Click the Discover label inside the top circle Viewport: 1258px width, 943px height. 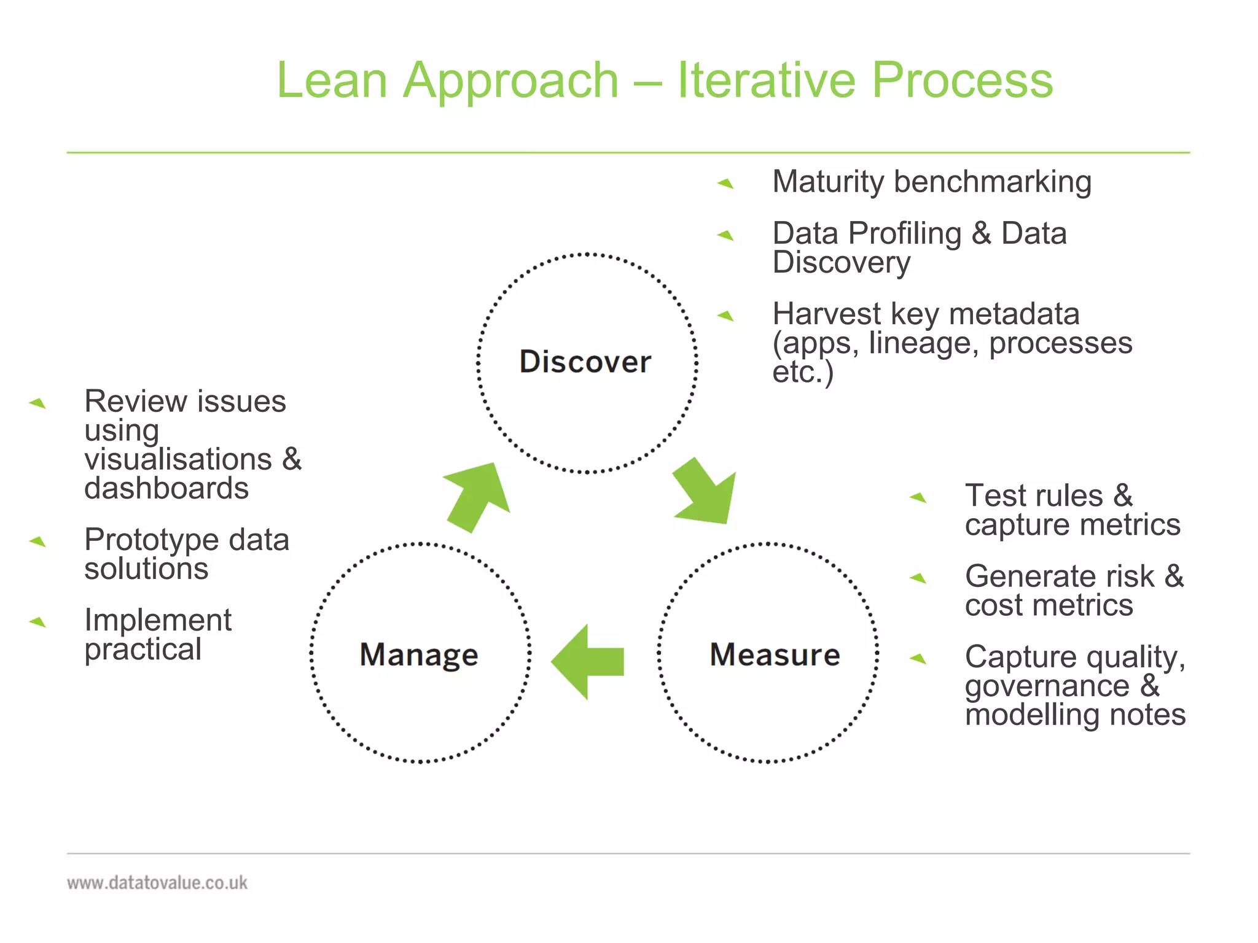tap(585, 361)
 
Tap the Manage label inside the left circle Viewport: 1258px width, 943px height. tap(419, 654)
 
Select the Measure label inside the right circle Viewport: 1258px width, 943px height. tap(775, 654)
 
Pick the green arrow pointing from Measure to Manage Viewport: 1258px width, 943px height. tap(588, 662)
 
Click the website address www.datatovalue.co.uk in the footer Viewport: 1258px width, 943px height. tap(157, 883)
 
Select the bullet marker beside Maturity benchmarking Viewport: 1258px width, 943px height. tap(726, 183)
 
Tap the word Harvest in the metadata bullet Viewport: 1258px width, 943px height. tap(826, 314)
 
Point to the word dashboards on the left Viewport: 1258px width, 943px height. tap(166, 489)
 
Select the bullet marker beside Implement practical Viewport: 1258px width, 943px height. tap(38, 622)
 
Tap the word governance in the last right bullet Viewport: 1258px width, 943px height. tap(1047, 686)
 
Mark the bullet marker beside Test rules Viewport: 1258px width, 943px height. tap(918, 497)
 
